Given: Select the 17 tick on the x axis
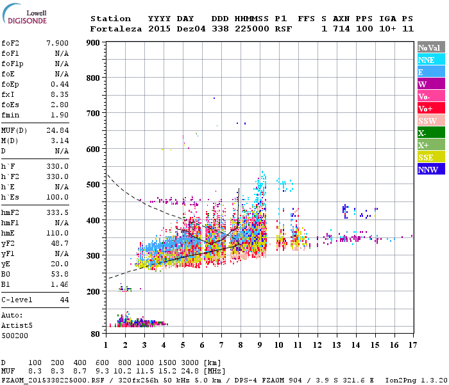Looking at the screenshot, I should point(412,345).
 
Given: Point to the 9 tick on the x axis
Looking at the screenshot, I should point(260,345).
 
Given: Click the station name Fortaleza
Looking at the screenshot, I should point(115,29).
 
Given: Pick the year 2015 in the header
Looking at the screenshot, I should point(159,29).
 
